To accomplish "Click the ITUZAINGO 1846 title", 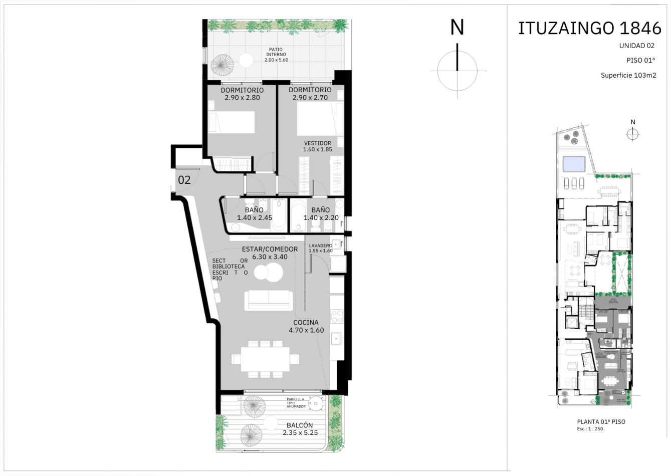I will tap(589, 29).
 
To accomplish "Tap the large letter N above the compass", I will tap(457, 28).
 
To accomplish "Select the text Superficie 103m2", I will tap(628, 76).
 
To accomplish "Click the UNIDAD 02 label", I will tap(636, 46).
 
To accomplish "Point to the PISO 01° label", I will tap(640, 60).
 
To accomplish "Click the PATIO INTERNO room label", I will tap(276, 55).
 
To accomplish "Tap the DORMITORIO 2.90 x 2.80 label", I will tap(242, 94).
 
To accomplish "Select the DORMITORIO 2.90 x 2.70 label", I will tap(310, 94).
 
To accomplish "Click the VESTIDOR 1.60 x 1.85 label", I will tap(317, 146).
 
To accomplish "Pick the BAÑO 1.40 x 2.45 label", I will tap(254, 214).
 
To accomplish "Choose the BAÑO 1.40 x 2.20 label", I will tap(321, 214).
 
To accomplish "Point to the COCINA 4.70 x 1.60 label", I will tap(306, 326).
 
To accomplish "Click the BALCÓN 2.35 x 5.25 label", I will tap(300, 429).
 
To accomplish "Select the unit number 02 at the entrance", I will tap(184, 180).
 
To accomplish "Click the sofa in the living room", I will tap(268, 300).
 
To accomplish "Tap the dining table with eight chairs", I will tap(265, 359).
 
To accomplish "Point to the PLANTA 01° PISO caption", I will tap(601, 422).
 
